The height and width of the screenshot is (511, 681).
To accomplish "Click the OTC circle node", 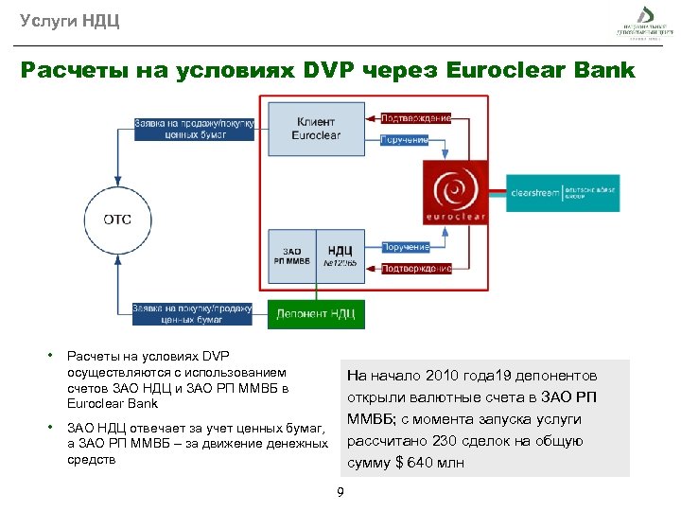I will (x=117, y=220).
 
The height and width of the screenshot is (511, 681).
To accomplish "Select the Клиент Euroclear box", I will (x=316, y=130).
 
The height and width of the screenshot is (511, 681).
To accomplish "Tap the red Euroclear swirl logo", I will (x=456, y=192).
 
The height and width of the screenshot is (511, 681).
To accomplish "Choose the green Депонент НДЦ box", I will (x=316, y=314).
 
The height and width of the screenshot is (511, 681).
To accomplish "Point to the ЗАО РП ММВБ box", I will (x=290, y=255).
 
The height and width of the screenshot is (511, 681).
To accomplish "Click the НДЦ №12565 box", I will (x=340, y=255).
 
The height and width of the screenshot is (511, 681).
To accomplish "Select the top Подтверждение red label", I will (x=415, y=119).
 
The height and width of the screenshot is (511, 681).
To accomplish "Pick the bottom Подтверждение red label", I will (x=415, y=268).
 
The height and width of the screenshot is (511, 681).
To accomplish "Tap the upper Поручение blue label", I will (x=405, y=140).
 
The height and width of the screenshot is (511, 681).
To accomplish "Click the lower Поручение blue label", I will (x=405, y=247).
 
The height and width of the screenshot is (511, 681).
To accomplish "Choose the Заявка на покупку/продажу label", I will (x=192, y=314).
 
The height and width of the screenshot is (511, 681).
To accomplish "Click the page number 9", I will (x=340, y=491).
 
